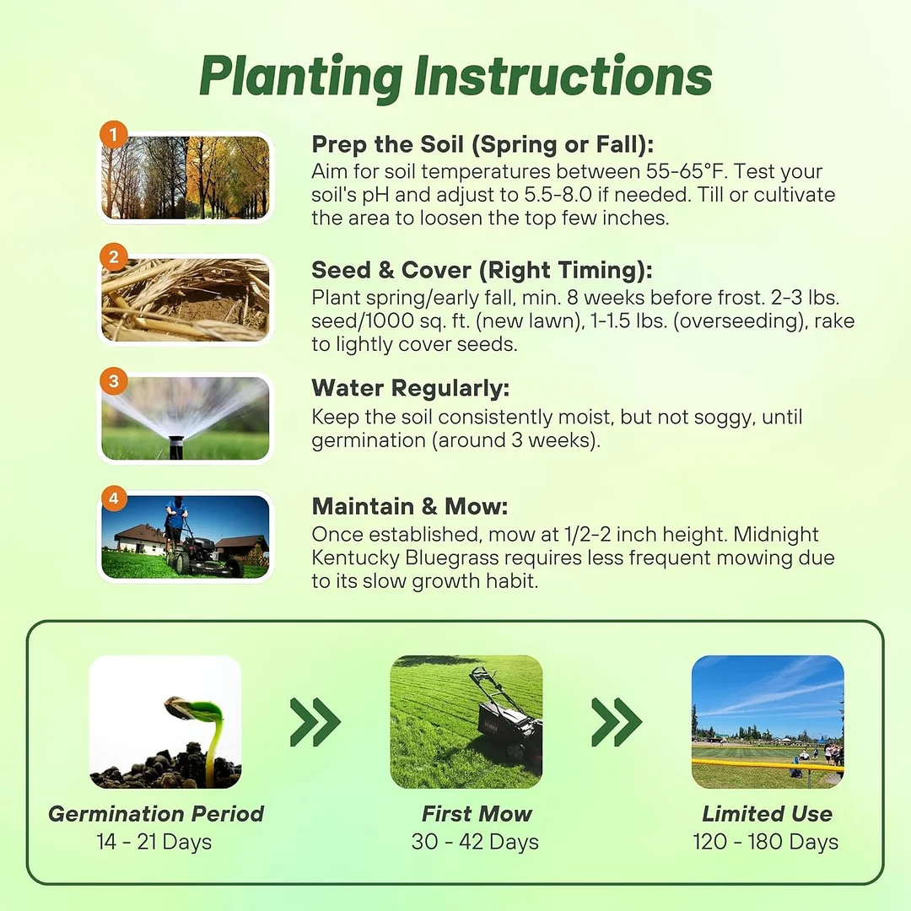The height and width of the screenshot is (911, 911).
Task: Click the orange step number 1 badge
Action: point(114,135)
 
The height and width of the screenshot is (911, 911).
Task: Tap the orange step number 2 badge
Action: point(114,256)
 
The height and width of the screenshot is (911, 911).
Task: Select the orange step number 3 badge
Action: point(114,381)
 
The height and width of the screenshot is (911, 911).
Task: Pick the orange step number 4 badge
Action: point(114,499)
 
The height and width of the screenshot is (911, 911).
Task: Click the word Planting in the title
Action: point(301,78)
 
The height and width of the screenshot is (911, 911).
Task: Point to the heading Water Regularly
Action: point(410,388)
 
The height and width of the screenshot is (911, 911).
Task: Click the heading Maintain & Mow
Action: point(410,506)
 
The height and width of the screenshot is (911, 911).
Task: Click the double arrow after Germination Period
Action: point(315,721)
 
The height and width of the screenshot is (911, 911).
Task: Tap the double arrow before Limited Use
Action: point(617,721)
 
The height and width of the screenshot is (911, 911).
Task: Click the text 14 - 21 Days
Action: point(154,841)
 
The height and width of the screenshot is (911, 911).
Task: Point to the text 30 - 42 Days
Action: point(475,841)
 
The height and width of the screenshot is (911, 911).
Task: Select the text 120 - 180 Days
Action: point(765,841)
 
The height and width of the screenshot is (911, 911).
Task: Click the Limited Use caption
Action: point(767,813)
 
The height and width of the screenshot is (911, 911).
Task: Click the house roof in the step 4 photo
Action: point(139,531)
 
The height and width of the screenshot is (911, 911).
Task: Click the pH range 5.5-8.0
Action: point(558,195)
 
